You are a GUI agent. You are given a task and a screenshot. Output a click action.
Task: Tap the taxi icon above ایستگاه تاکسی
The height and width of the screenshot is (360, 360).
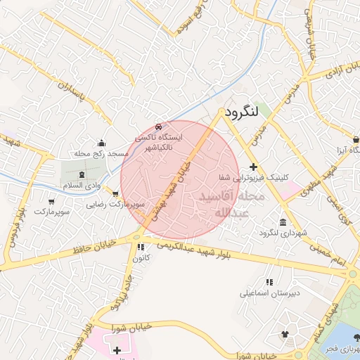click(x=157, y=127)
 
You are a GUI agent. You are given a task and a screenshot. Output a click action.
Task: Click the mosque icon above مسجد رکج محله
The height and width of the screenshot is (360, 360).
click(x=101, y=143)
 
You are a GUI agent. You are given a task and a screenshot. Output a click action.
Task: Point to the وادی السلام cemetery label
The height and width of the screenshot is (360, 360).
click(x=79, y=184)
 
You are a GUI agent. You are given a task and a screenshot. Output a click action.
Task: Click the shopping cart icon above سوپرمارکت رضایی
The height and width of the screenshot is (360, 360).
click(x=115, y=194)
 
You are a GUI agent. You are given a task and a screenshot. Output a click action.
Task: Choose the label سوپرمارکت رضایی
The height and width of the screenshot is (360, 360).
click(x=115, y=205)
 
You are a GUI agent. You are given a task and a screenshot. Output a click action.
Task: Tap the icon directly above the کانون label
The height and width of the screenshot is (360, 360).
click(x=141, y=247)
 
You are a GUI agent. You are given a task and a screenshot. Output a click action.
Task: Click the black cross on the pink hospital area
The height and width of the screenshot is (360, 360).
click(x=116, y=349)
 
